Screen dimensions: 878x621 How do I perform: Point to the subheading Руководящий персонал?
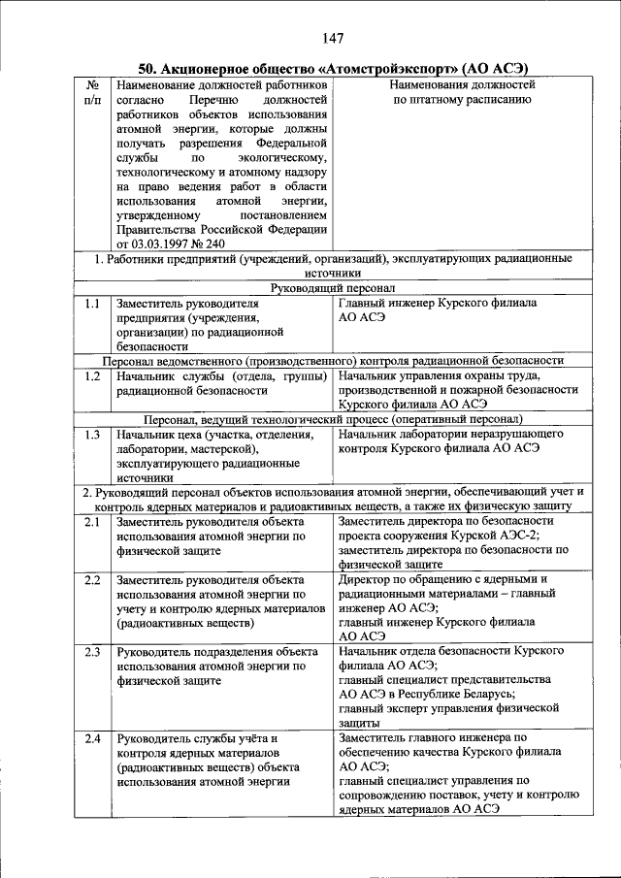pyautogui.click(x=333, y=288)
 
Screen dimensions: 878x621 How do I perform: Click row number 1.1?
pyautogui.click(x=92, y=303)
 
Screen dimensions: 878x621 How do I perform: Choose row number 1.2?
pyautogui.click(x=92, y=375)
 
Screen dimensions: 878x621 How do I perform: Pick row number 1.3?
pyautogui.click(x=92, y=434)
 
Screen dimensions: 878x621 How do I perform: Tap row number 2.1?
pyautogui.click(x=92, y=521)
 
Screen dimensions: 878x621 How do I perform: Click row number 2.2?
pyautogui.click(x=92, y=579)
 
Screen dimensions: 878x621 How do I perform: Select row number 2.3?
pyautogui.click(x=92, y=652)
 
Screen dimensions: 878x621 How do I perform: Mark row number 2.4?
pyautogui.click(x=92, y=739)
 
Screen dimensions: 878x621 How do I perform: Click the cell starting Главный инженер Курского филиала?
pyautogui.click(x=437, y=309)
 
